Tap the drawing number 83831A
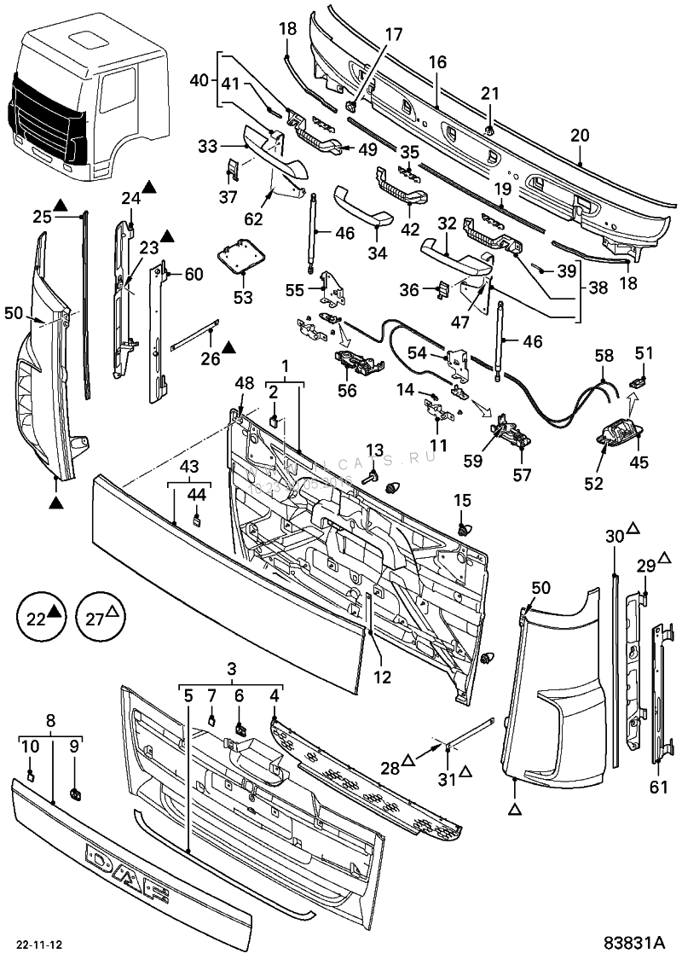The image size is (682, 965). click(x=633, y=945)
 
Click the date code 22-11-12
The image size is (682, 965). click(x=40, y=945)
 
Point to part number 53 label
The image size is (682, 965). click(x=243, y=298)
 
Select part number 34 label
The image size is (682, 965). click(x=376, y=253)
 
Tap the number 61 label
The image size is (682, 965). click(x=658, y=788)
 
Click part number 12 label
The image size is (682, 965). click(x=381, y=678)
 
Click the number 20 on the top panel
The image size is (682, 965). click(x=580, y=135)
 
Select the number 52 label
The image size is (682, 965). click(x=593, y=483)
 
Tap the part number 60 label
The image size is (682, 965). click(x=194, y=274)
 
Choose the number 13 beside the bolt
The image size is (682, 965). click(x=376, y=451)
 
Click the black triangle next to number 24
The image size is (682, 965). click(x=149, y=186)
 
